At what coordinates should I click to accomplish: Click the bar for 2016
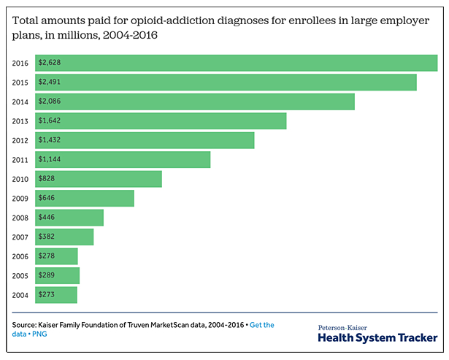[x=236, y=63]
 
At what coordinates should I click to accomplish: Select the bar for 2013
[x=161, y=120]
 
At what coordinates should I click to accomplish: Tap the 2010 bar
[x=99, y=179]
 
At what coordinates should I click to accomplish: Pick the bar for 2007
[x=64, y=237]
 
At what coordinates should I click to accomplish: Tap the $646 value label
[x=47, y=198]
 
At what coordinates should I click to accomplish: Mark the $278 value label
[x=47, y=256]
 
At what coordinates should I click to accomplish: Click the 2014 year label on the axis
[x=20, y=102]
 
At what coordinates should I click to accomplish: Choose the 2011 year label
[x=20, y=159]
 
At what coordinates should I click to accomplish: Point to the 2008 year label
[x=20, y=218]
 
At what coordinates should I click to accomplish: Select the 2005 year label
[x=20, y=275]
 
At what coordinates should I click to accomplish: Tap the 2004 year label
[x=20, y=295]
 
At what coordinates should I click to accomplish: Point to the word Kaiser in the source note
[x=53, y=325]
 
